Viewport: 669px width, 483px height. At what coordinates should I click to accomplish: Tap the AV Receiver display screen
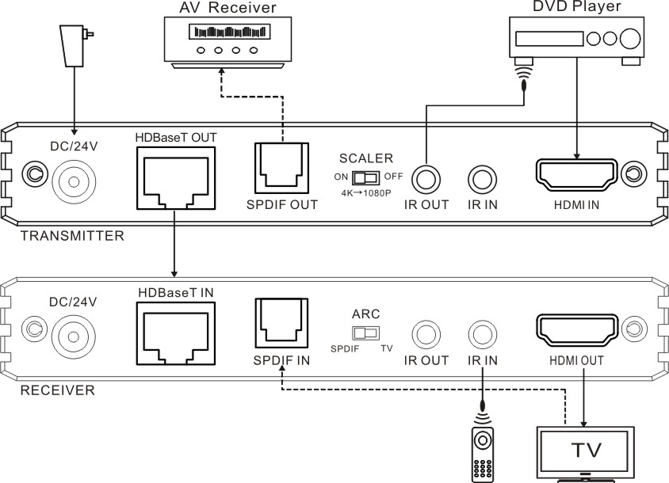click(230, 32)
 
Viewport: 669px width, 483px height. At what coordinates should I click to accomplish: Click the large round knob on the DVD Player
click(630, 39)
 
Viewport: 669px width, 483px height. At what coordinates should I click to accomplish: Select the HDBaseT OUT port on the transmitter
click(176, 178)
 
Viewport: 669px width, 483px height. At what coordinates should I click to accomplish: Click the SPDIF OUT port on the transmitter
click(281, 168)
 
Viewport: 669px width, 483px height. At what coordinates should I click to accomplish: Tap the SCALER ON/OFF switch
click(365, 177)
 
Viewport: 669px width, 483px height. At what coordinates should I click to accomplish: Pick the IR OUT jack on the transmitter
click(426, 180)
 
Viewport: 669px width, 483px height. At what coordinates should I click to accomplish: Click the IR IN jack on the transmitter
click(483, 180)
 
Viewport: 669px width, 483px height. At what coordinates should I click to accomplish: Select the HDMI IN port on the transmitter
click(576, 175)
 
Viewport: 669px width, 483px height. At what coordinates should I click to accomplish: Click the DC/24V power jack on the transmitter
click(74, 182)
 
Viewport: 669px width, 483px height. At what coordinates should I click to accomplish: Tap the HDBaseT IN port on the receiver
click(176, 333)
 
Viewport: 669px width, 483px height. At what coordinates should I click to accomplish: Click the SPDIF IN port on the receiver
click(281, 323)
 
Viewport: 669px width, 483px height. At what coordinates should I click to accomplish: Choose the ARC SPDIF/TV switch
click(365, 333)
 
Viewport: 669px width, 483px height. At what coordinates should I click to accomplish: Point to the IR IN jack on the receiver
click(483, 335)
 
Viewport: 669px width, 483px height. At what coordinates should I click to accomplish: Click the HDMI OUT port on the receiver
click(576, 330)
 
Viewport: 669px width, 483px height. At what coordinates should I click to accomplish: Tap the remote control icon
click(483, 454)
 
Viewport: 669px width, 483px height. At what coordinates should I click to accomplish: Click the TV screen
click(585, 450)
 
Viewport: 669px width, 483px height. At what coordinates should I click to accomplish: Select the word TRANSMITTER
click(73, 236)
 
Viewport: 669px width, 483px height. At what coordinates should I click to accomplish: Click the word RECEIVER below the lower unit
click(58, 390)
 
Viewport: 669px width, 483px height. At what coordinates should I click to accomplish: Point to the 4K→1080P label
click(366, 193)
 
